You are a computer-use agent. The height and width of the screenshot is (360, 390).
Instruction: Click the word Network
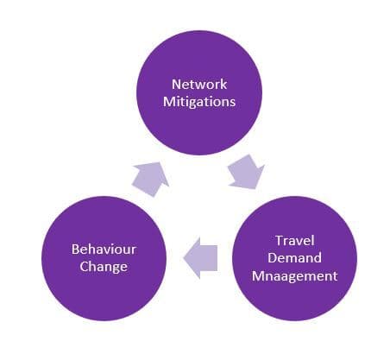point(199,84)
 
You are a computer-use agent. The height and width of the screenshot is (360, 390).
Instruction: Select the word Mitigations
point(199,102)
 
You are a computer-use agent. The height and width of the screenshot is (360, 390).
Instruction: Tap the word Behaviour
point(104,249)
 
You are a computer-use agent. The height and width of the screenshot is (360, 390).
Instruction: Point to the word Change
point(104,267)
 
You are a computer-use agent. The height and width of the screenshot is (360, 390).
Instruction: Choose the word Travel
point(295,240)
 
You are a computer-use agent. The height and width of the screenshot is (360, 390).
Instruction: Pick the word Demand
point(294,257)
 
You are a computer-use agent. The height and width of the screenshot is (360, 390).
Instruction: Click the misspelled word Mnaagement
point(295,276)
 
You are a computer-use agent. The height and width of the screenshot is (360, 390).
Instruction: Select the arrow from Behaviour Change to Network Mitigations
point(150,179)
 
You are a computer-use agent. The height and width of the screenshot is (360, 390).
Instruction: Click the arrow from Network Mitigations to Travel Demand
point(246,173)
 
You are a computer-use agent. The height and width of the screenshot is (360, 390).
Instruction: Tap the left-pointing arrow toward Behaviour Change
point(200,258)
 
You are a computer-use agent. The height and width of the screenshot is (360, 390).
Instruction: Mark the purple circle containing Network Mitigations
point(199,92)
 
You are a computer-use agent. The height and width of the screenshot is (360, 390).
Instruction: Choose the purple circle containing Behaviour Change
point(104,258)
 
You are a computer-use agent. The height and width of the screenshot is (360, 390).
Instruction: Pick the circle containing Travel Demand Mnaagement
point(295,258)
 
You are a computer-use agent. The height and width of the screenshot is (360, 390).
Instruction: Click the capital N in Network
point(176,84)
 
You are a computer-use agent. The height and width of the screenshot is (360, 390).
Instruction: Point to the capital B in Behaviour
point(75,249)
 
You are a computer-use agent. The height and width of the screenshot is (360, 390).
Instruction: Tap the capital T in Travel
point(280,241)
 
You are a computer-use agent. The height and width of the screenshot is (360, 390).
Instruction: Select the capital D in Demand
point(273,257)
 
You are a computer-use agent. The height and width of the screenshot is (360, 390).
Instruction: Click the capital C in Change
point(84,266)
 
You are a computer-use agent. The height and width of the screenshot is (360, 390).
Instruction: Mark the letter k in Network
point(223,84)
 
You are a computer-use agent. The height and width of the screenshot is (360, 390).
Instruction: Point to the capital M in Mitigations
point(169,102)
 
